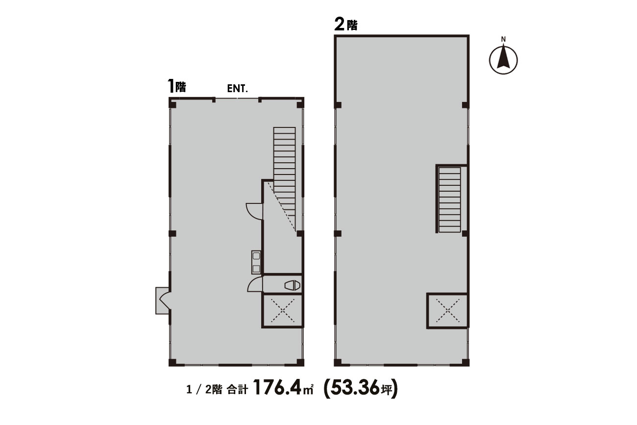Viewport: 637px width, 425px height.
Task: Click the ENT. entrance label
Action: [238, 88]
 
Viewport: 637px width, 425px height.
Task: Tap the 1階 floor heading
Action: [176, 86]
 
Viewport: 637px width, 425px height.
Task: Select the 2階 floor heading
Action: [346, 25]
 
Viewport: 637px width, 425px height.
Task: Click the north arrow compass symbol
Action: [503, 60]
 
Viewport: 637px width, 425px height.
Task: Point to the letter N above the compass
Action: [503, 40]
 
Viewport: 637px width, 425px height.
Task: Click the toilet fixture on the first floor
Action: [292, 285]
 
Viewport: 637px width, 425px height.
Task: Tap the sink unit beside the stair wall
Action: [256, 262]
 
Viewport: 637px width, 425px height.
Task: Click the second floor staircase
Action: [450, 200]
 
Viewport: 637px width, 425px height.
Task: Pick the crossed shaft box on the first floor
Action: [282, 311]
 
